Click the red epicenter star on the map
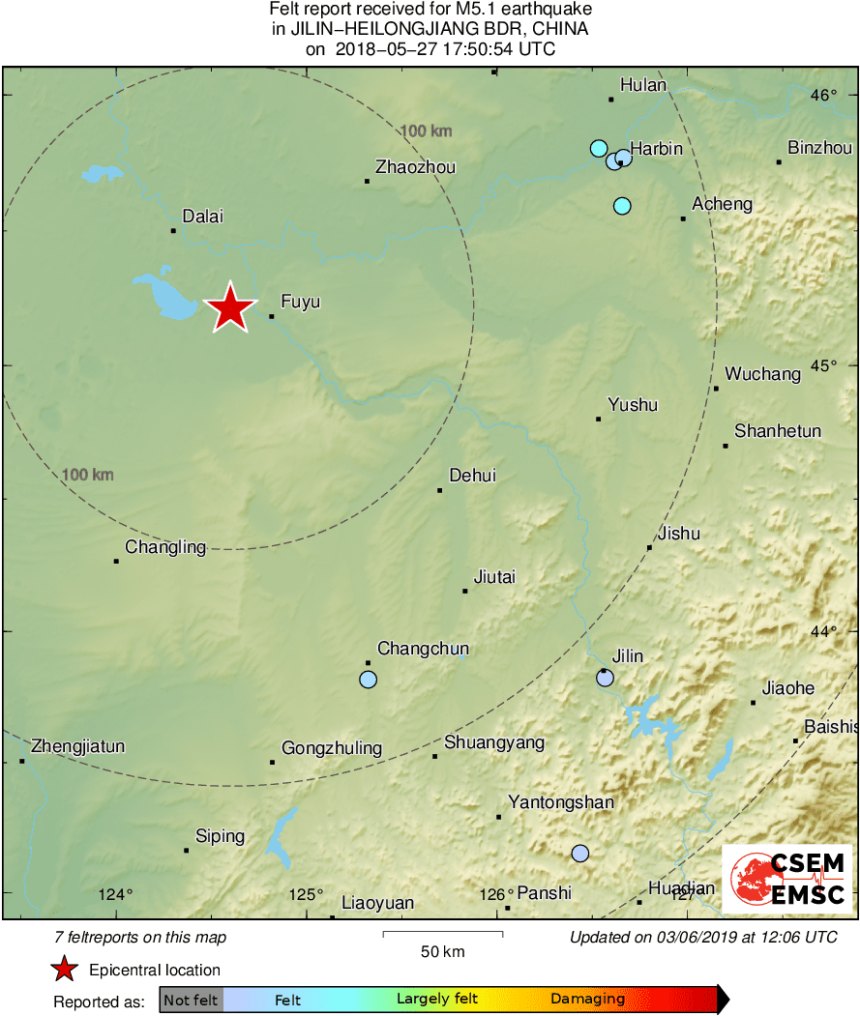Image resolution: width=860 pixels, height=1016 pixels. point(230,309)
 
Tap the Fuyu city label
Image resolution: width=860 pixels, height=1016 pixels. point(300,303)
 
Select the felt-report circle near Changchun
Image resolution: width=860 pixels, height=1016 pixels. point(368,680)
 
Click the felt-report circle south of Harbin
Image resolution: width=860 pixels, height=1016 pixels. point(622,206)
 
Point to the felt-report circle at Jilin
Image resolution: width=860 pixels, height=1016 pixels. point(605,679)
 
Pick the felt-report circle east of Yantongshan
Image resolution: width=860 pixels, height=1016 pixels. point(579,853)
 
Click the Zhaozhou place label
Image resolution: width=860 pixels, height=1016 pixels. point(415,167)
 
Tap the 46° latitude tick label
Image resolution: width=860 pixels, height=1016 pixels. point(824,95)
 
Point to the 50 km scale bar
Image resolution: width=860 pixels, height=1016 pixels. point(442,934)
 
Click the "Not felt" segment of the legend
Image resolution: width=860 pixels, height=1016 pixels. point(191,1000)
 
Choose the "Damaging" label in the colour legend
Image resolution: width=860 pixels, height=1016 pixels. point(587,1000)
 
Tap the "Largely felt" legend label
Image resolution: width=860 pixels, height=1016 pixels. point(437,1000)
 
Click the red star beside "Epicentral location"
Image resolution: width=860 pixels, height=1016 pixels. point(64,970)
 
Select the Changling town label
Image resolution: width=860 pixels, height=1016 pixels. point(165,547)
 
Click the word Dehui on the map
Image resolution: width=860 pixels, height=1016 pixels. point(473,476)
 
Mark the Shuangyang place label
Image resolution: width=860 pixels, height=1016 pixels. point(494,743)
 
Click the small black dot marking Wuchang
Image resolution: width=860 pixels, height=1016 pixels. point(717,389)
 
